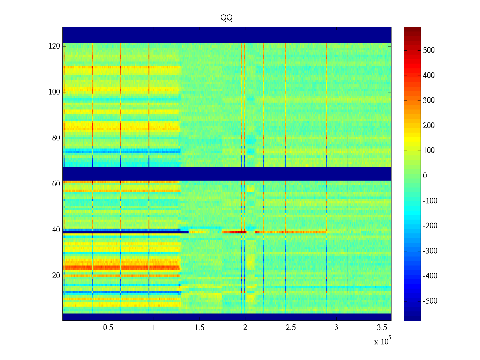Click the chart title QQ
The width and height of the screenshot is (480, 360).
226,18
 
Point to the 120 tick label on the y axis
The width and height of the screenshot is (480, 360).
54,46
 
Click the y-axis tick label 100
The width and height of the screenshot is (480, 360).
54,92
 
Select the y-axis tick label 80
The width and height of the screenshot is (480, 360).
56,138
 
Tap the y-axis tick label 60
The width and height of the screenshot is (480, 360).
56,184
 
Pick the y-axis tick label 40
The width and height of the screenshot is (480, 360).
56,230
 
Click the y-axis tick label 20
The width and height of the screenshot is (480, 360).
56,276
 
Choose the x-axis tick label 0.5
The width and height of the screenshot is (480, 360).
108,328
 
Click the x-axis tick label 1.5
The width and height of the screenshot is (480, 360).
199,328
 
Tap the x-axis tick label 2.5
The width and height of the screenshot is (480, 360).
291,328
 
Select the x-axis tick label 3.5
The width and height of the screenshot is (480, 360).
382,328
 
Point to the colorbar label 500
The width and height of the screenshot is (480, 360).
429,50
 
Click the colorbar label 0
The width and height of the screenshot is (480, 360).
425,176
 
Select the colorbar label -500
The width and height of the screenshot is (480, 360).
430,301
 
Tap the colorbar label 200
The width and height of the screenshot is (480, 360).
429,126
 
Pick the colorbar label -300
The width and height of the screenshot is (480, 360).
430,251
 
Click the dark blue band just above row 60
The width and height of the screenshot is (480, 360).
227,174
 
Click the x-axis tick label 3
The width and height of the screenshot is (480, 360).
336,328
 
